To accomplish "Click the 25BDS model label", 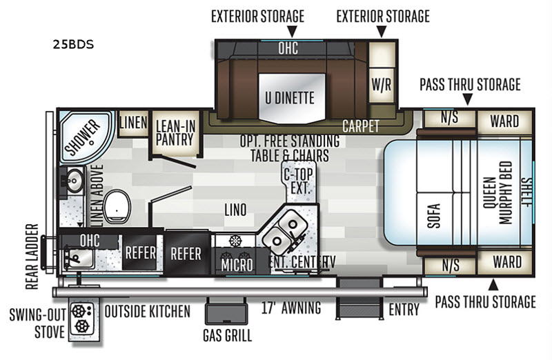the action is [74, 44].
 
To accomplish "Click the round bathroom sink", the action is [75, 181].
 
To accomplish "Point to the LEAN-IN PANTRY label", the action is [175, 132].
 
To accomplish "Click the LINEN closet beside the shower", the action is [133, 123].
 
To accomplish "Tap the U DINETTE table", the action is [292, 98].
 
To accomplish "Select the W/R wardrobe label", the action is [382, 84].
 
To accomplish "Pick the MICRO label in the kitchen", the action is [237, 265].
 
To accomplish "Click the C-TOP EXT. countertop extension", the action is [299, 181].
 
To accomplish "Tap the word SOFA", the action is [435, 216].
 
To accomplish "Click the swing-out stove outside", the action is [82, 319].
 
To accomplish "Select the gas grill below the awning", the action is [226, 313].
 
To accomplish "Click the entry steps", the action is [359, 299].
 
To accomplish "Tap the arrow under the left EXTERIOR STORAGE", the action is [292, 31].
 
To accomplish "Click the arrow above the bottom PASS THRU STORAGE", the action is [493, 285].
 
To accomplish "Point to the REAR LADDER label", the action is [32, 257].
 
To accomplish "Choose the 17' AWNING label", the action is [291, 308].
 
